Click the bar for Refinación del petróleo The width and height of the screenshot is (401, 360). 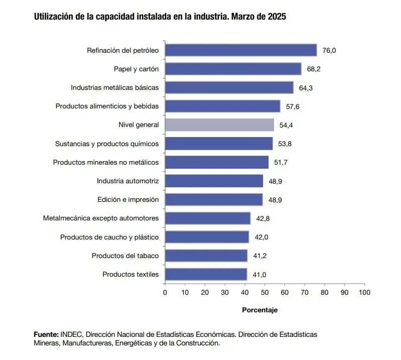pos(241,50)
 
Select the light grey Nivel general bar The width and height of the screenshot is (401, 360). pos(219,125)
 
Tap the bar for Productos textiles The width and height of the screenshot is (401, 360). pos(206,274)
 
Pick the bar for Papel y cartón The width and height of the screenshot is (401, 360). pos(233,69)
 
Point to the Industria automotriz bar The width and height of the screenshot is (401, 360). pos(214,181)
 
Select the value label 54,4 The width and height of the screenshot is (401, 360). pos(287,125)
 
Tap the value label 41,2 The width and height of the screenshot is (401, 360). pos(259,256)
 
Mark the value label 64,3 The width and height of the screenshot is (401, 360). pos(306,88)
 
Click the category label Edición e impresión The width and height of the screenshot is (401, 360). pos(128,199)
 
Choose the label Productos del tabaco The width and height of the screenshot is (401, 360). pos(125,256)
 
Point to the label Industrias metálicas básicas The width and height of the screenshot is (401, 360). pos(114,87)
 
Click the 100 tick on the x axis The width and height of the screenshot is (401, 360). pos(364,292)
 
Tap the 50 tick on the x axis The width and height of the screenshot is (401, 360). pos(264,292)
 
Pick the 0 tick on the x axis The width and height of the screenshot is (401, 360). pos(165,292)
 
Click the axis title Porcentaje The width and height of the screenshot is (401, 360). pos(259,310)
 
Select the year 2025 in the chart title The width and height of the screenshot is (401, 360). pos(276,17)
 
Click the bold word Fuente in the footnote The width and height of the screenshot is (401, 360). pos(46,334)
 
